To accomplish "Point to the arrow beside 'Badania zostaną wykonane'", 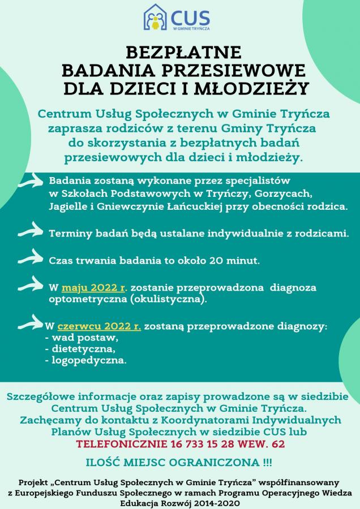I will tap(32, 182).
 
